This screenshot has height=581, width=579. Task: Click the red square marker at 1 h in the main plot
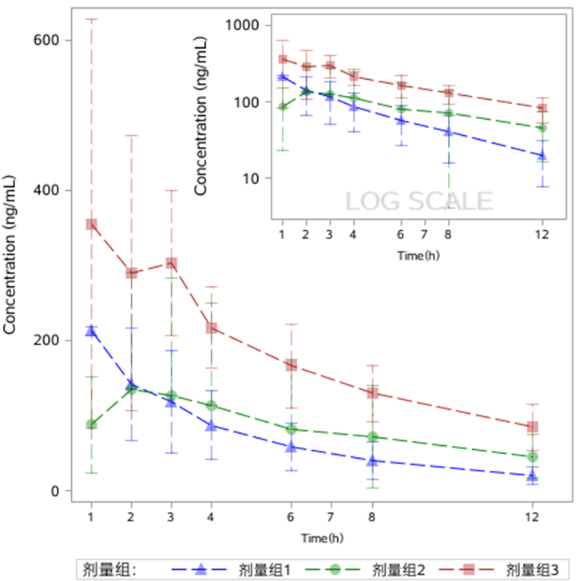coord(92,225)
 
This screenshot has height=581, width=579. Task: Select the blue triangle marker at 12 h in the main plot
coord(533,476)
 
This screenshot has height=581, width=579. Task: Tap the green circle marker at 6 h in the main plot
coord(291,429)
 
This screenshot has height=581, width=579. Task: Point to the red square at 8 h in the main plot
coord(372,393)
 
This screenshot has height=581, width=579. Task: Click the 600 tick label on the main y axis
coord(46,40)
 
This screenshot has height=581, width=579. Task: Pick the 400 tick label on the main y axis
coord(46,190)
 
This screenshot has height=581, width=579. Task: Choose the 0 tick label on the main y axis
coord(56,491)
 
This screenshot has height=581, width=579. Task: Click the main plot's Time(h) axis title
coord(318,537)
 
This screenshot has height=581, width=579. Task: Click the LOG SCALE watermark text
coord(418,201)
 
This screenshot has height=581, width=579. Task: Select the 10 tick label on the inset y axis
coord(253,178)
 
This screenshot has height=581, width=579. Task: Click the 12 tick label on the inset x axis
coord(541,233)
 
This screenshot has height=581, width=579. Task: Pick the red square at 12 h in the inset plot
coord(541,109)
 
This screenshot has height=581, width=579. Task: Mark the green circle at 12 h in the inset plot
coord(541,128)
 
